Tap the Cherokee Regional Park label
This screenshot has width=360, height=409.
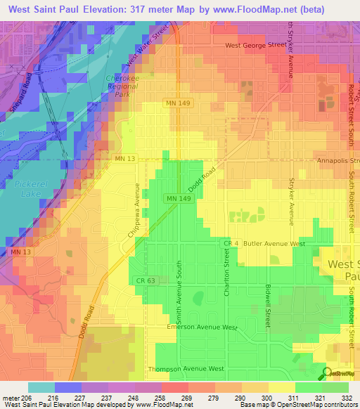123,86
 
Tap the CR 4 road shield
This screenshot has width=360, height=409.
228,243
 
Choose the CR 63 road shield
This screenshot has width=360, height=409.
142,280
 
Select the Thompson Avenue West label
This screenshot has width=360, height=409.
186,368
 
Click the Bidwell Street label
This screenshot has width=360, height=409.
268,306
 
